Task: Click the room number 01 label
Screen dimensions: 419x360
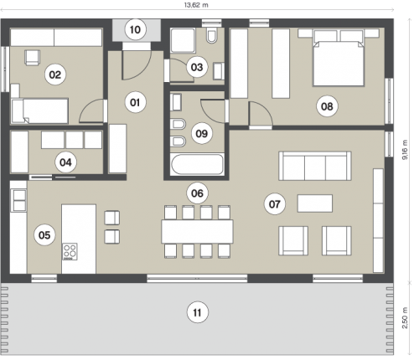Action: click(x=135, y=102)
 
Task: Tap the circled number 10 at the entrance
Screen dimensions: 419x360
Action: click(x=135, y=29)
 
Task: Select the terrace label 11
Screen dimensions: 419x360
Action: click(x=198, y=312)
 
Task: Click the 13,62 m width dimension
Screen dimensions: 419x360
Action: click(x=196, y=5)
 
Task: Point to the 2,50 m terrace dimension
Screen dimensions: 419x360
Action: click(x=405, y=318)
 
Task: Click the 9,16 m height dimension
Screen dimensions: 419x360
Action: click(x=405, y=150)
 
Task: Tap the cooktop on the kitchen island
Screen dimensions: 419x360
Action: click(x=70, y=252)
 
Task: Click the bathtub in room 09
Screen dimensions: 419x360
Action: click(x=197, y=165)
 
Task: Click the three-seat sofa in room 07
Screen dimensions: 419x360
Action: click(x=315, y=166)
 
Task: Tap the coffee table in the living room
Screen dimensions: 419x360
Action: click(x=315, y=203)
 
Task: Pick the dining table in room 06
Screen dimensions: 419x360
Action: click(x=197, y=231)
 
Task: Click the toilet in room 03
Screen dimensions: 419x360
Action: click(x=212, y=36)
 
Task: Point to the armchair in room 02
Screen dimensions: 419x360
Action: click(x=33, y=58)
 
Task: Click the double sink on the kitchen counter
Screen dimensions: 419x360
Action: click(x=19, y=200)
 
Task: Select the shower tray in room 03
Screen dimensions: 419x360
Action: click(x=183, y=40)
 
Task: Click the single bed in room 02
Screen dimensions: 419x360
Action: click(x=39, y=111)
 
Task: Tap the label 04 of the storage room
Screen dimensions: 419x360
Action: click(x=65, y=162)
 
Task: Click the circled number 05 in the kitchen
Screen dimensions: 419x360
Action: click(x=44, y=235)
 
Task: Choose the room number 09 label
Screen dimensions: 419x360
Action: click(x=202, y=133)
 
